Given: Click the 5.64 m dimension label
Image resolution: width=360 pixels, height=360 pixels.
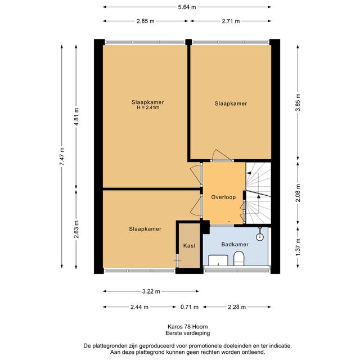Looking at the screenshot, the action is tap(187, 7).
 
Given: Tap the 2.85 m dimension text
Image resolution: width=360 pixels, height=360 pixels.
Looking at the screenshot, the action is tap(146, 21).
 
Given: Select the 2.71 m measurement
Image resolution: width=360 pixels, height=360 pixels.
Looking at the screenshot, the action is tap(231, 21).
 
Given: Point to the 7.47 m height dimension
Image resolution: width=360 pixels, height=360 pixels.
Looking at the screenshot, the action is tap(62, 156).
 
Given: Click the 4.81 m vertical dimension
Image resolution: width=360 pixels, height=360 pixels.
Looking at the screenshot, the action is tap(76, 116).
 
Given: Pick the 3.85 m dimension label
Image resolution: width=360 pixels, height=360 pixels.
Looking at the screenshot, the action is tap(298, 102).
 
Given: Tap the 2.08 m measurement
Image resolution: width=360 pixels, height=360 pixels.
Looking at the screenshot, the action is tap(298, 193).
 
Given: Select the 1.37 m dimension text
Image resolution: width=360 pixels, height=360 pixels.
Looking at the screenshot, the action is tap(298, 247).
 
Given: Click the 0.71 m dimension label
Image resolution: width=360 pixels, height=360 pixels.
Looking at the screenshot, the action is tap(190, 307).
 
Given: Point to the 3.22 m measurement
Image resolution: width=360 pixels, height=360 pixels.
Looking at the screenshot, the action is tap(151, 291).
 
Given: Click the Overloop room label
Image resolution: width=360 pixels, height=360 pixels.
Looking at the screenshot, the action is tap(223, 197).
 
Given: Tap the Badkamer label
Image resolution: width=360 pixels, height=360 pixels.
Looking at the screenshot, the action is tap(235, 244).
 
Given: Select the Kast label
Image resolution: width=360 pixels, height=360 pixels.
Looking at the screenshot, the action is tap(190, 246).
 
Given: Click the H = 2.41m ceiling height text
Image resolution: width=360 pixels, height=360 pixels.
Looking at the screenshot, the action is tap(148, 107).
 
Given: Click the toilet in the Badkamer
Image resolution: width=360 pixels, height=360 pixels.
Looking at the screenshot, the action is tap(238, 258).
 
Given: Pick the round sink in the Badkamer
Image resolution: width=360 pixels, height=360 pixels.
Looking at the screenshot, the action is tap(260, 237).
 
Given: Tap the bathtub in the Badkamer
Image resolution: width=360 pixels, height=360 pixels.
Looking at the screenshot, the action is tap(218, 260).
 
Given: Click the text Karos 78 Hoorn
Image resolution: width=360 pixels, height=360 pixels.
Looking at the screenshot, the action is tap(188, 327).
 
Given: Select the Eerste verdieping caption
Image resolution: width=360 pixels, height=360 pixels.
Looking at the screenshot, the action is tap(188, 333).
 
